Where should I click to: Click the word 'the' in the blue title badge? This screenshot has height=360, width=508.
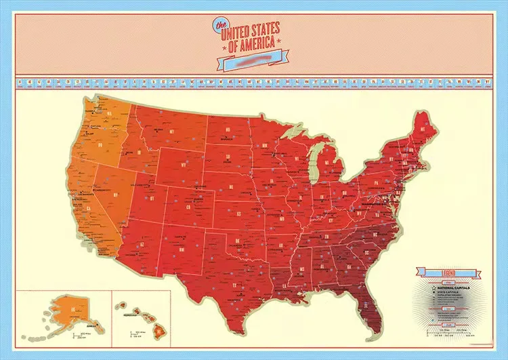219,26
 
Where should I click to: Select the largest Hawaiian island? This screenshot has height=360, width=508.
158,331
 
